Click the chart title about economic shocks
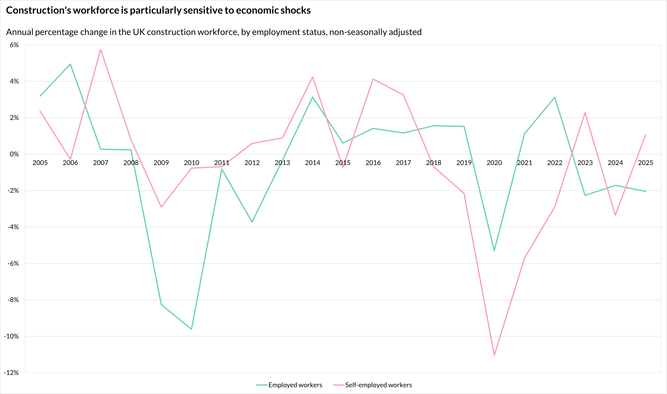click(158, 10)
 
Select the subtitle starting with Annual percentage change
click(214, 32)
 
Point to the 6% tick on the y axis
click(14, 45)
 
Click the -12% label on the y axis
click(11, 373)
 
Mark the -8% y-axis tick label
click(13, 300)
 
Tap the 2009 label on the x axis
click(161, 163)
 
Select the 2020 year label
click(494, 163)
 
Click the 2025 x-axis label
click(645, 163)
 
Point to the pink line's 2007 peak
click(101, 49)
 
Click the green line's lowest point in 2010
click(192, 329)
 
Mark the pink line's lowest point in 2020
click(494, 355)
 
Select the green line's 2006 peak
click(70, 64)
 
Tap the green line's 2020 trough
click(494, 251)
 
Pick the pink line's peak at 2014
click(313, 77)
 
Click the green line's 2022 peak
click(555, 97)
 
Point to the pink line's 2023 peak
click(585, 112)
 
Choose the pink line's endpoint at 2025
click(645, 135)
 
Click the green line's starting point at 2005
click(40, 96)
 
